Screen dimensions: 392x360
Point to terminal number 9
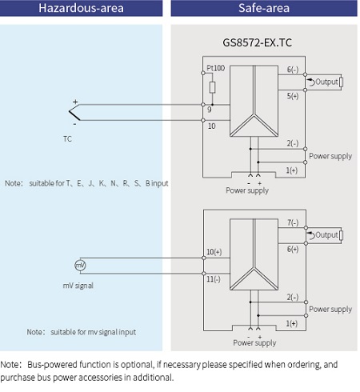209,108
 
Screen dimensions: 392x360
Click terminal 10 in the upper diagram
211,126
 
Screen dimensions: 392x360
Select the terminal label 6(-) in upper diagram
292,69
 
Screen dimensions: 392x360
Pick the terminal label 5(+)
292,96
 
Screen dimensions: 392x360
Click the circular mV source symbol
79,265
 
